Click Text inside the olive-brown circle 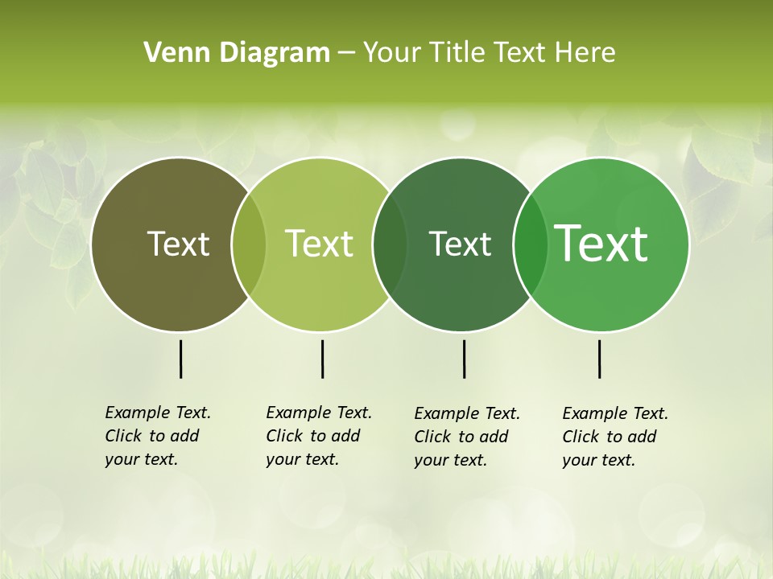pyautogui.click(x=178, y=244)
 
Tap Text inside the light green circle pyautogui.click(x=320, y=244)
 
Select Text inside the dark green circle pyautogui.click(x=460, y=244)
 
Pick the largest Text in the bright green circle pyautogui.click(x=601, y=244)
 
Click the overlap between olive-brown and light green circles pyautogui.click(x=249, y=244)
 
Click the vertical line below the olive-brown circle pyautogui.click(x=180, y=359)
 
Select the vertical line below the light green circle pyautogui.click(x=322, y=359)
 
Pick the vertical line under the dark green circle pyautogui.click(x=464, y=359)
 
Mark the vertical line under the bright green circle pyautogui.click(x=599, y=359)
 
